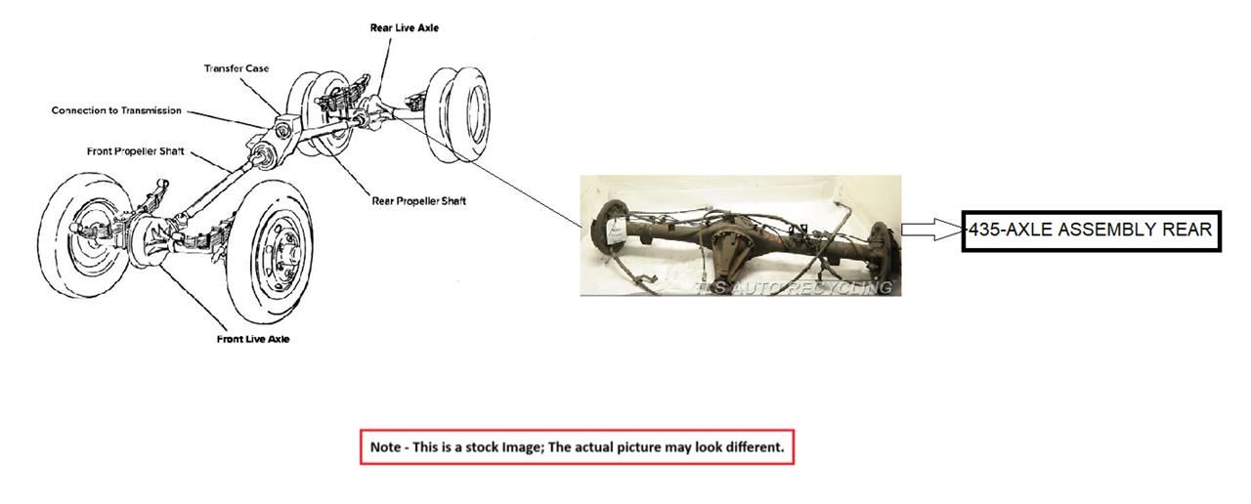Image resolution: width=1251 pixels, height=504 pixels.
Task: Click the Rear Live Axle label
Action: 404,28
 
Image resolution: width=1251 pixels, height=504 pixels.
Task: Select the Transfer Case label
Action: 237,68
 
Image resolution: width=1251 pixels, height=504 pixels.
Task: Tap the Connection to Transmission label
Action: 116,110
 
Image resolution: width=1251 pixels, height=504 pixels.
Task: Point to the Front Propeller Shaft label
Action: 136,151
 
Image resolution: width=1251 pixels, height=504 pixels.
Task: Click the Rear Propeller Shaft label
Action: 418,201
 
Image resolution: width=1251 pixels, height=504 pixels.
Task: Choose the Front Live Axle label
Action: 253,339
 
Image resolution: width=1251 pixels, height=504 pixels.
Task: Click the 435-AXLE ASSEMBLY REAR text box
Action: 1091,231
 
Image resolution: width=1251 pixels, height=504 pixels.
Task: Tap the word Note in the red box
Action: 385,447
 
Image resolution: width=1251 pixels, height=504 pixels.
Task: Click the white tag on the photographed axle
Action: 617,231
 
